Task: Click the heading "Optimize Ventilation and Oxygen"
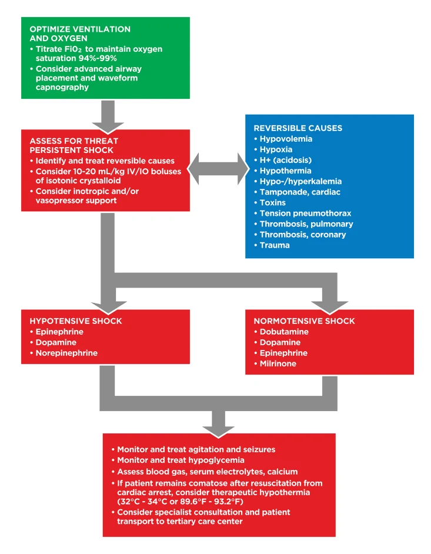(80, 34)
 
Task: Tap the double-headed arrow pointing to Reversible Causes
(218, 169)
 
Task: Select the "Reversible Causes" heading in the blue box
(298, 128)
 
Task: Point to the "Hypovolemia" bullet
(286, 139)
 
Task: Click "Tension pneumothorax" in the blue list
(305, 213)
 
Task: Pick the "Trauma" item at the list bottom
(275, 245)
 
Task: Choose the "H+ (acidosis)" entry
(285, 161)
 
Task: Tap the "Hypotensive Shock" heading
(76, 321)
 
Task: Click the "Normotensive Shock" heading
(304, 321)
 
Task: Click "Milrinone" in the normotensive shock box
(278, 364)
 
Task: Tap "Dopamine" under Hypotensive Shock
(56, 343)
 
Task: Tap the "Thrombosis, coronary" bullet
(303, 235)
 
